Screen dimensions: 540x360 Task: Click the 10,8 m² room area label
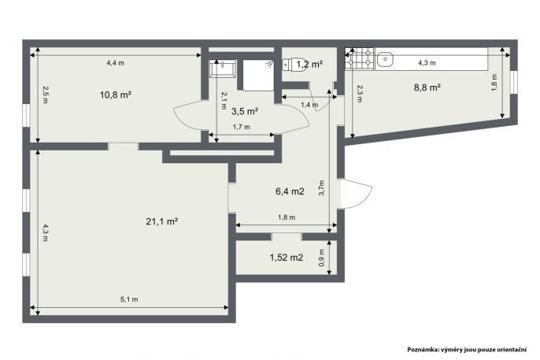(116, 95)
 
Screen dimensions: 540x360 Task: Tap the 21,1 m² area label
(161, 221)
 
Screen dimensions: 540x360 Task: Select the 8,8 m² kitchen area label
(427, 87)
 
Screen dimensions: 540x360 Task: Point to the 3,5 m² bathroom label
(245, 112)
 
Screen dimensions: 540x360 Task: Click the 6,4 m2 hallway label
(290, 191)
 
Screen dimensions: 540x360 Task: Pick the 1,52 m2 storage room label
(287, 258)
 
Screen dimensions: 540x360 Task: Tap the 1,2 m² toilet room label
(309, 64)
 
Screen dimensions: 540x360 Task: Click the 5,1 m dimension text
(129, 299)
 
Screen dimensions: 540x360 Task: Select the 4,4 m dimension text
(116, 63)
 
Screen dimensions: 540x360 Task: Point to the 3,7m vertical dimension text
(322, 188)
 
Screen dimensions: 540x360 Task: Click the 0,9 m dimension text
(322, 258)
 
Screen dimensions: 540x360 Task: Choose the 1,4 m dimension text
(309, 105)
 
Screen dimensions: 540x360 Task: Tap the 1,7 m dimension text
(242, 127)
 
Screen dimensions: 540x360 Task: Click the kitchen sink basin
(384, 59)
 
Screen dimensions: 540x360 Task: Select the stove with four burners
(360, 58)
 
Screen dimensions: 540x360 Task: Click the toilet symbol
(293, 64)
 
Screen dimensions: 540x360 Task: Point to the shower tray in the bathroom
(258, 75)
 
